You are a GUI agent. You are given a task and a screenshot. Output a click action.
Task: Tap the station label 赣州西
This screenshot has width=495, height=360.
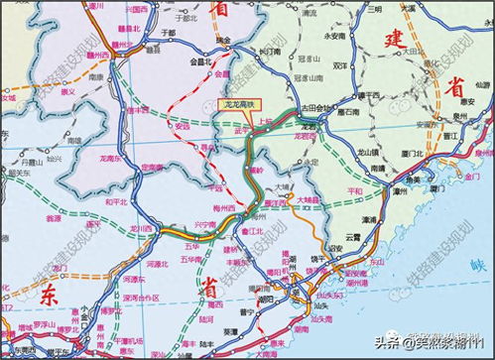click(96, 57)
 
